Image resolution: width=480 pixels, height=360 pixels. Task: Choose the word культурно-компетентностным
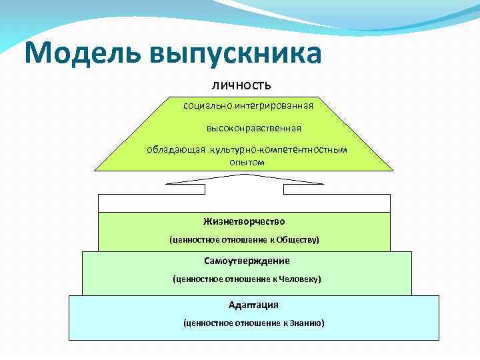[x=279, y=149]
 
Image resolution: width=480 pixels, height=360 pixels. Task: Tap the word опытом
[x=247, y=161]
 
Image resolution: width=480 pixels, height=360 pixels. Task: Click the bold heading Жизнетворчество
[x=244, y=221]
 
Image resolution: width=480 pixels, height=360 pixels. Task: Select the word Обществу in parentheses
[x=297, y=239]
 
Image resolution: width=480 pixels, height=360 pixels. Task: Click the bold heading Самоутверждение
[x=247, y=261]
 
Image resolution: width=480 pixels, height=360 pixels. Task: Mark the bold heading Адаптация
[x=253, y=305]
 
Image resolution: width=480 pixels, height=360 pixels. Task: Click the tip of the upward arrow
[x=243, y=175]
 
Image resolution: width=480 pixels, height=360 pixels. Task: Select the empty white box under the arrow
[x=244, y=203]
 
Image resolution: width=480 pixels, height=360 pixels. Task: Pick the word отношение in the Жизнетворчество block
[x=241, y=239]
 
